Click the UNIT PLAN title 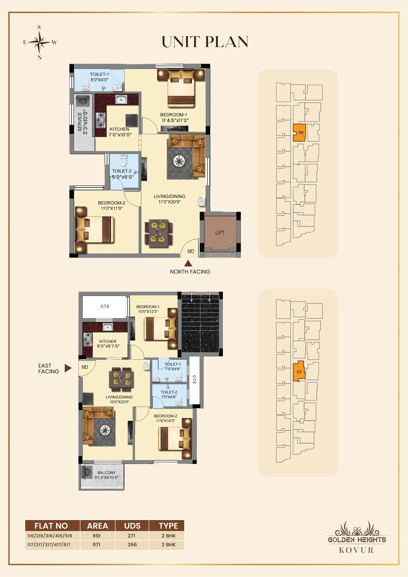(205, 42)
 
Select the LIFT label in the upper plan (220, 233)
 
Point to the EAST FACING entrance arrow (68, 368)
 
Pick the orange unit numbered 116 (299, 132)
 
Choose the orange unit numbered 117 (299, 371)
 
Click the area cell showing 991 (97, 536)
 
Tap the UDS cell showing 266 (132, 544)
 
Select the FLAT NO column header (51, 526)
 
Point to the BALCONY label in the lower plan (106, 473)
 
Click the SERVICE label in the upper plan (80, 122)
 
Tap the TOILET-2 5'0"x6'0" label (123, 174)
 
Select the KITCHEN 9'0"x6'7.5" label (108, 344)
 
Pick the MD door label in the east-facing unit (85, 367)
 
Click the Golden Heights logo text (357, 540)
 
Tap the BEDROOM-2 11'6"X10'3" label (165, 418)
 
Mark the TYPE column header (168, 526)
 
